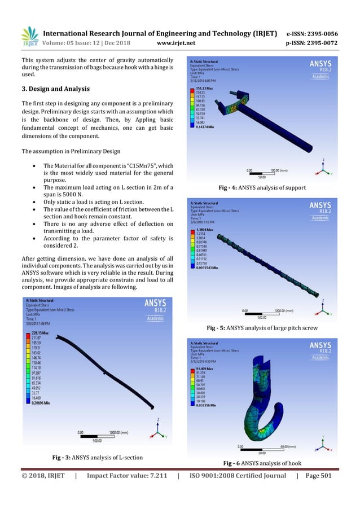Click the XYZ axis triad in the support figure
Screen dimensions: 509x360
click(322, 168)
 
